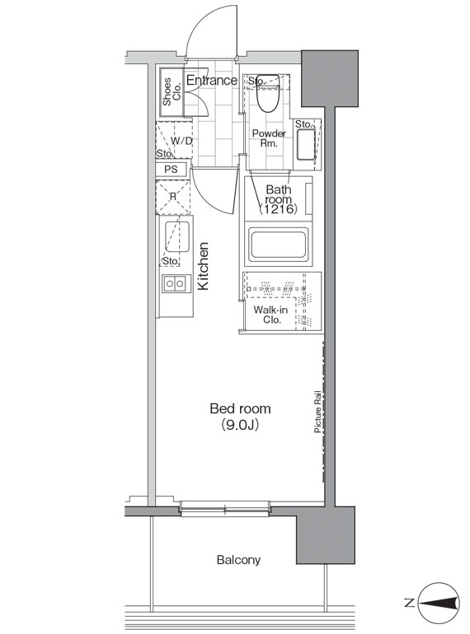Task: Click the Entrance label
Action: (x=211, y=81)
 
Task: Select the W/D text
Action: (x=182, y=139)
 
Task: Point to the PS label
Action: (x=171, y=169)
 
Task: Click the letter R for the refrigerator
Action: (x=173, y=197)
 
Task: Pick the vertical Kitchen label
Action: (x=204, y=265)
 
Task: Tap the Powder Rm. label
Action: (x=269, y=138)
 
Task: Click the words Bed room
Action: (x=240, y=408)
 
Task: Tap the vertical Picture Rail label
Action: (x=317, y=412)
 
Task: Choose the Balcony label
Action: (x=238, y=560)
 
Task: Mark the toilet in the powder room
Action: (x=266, y=97)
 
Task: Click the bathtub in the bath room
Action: (x=278, y=245)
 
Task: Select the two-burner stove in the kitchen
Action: (x=175, y=284)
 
